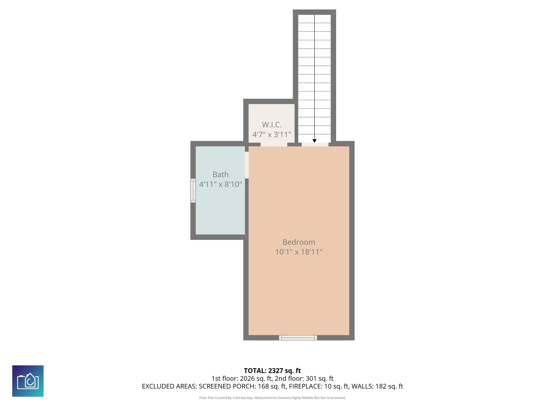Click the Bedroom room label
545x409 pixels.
coord(299,242)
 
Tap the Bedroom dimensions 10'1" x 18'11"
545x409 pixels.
coord(299,252)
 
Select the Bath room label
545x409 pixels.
coord(220,174)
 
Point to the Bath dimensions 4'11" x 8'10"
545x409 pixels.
coord(220,184)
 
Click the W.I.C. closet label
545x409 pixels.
coord(271,125)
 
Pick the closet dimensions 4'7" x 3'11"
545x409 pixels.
coord(271,134)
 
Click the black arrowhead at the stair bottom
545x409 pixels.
coord(314,141)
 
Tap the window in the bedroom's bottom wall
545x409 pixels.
coord(298,338)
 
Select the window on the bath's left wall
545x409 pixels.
coord(193,190)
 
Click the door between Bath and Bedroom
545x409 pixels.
coord(247,165)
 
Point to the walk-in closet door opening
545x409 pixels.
coord(274,144)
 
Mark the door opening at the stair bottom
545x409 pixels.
coord(315,144)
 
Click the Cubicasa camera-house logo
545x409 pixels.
coord(28,381)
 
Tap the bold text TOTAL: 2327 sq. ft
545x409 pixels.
coord(272,371)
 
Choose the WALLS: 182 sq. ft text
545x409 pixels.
coord(377,386)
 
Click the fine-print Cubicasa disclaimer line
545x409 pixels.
coord(272,398)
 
